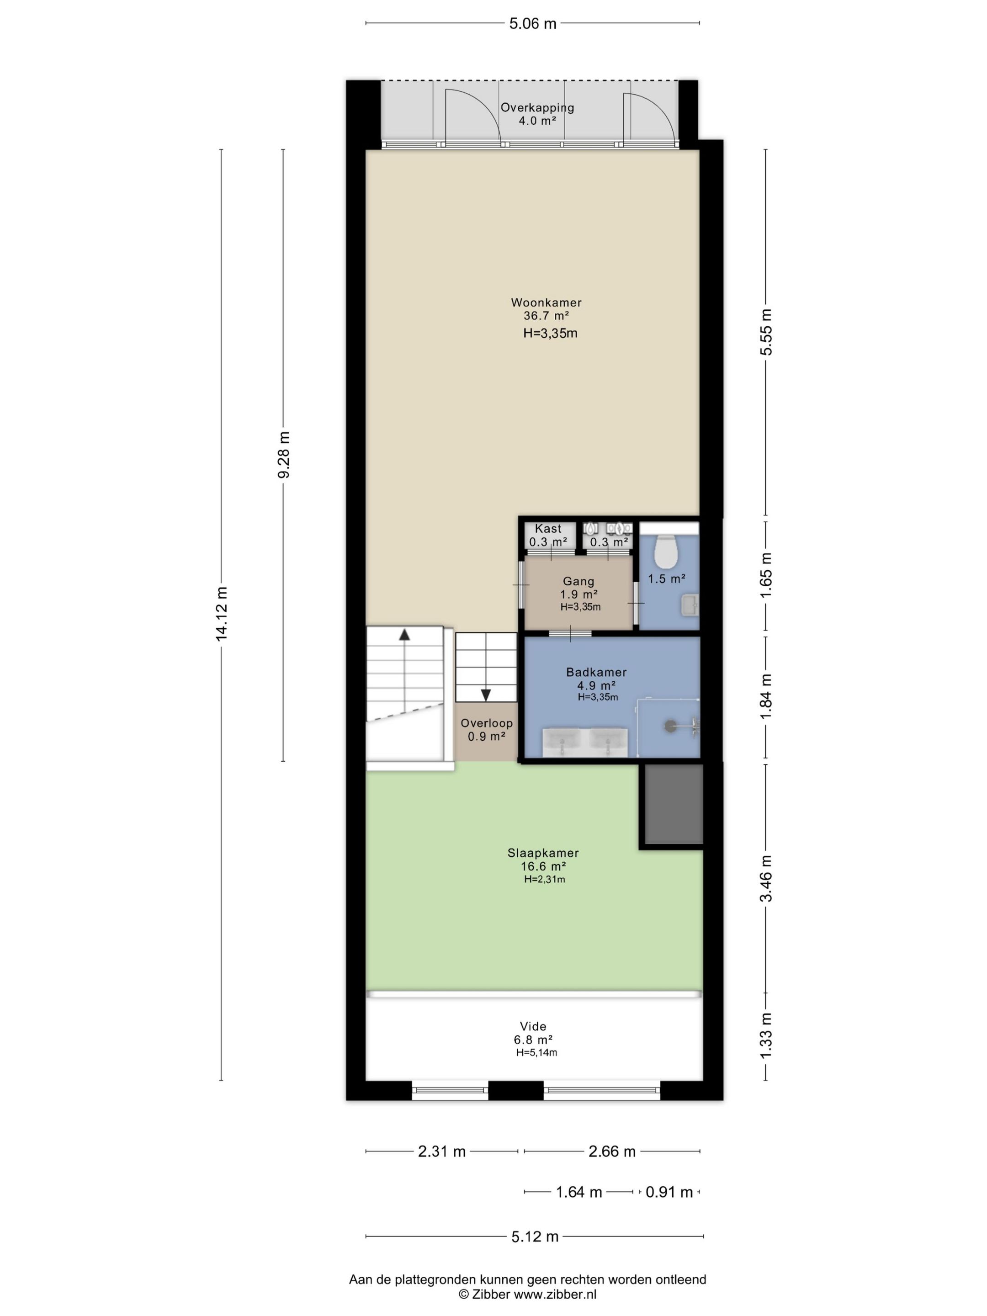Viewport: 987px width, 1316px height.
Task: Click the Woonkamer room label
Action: click(x=546, y=302)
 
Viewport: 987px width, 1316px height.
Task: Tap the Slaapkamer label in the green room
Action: click(x=542, y=853)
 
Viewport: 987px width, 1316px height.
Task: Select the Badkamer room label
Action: click(x=596, y=672)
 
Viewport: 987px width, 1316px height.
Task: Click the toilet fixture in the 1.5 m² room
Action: click(x=666, y=551)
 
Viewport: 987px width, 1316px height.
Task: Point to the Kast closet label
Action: click(x=548, y=528)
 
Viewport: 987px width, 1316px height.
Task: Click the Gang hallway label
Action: click(x=578, y=581)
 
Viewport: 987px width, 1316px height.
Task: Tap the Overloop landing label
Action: click(x=487, y=723)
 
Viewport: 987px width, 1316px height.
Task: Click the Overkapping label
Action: click(x=537, y=108)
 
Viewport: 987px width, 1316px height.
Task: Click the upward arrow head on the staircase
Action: click(x=404, y=634)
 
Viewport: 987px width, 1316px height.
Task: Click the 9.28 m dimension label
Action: click(x=284, y=455)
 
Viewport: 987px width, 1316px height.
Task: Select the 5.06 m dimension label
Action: click(x=532, y=24)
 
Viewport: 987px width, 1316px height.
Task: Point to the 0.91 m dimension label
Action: click(x=669, y=1192)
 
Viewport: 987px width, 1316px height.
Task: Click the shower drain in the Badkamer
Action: click(x=670, y=726)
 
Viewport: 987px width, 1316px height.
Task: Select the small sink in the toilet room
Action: click(x=690, y=605)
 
